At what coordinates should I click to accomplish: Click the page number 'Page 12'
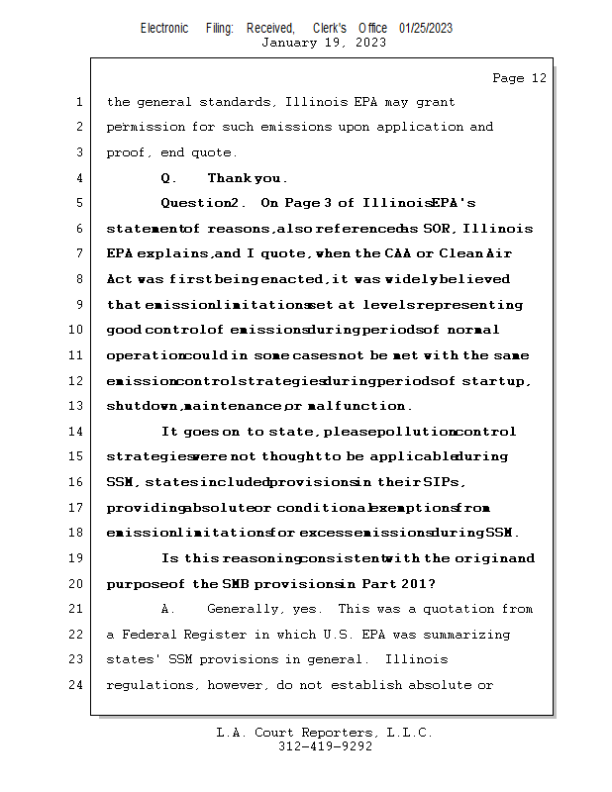click(519, 78)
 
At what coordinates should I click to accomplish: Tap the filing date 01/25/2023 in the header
click(426, 28)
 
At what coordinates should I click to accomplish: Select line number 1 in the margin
click(79, 102)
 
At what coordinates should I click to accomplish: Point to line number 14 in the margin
click(76, 432)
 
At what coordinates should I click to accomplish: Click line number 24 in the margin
click(76, 684)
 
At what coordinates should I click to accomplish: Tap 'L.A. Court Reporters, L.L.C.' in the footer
click(325, 733)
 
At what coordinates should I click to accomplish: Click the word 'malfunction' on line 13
click(364, 406)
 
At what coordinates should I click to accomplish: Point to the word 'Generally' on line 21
click(243, 609)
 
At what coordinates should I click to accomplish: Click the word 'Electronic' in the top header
click(164, 28)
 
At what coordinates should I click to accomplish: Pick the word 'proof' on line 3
click(127, 152)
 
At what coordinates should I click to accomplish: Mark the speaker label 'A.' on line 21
click(167, 609)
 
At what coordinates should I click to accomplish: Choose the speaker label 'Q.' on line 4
click(168, 178)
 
